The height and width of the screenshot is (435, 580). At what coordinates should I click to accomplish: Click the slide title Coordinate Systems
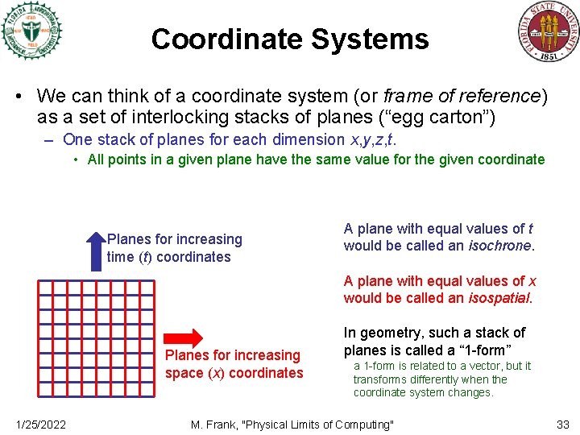point(289,39)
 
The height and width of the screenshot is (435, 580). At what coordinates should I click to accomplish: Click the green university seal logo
point(31,31)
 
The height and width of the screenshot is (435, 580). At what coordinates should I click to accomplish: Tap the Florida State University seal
point(548,31)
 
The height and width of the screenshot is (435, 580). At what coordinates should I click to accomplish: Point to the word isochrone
point(500,246)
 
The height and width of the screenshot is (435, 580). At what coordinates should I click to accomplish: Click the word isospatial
point(499,298)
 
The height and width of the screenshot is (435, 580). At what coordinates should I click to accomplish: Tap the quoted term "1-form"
point(483,350)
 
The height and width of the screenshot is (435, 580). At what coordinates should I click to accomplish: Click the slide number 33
point(563,425)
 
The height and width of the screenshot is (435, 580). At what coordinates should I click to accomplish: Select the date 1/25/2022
point(41,425)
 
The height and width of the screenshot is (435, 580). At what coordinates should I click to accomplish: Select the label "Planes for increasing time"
point(174,248)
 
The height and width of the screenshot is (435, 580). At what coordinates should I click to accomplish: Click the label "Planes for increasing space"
point(234,364)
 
